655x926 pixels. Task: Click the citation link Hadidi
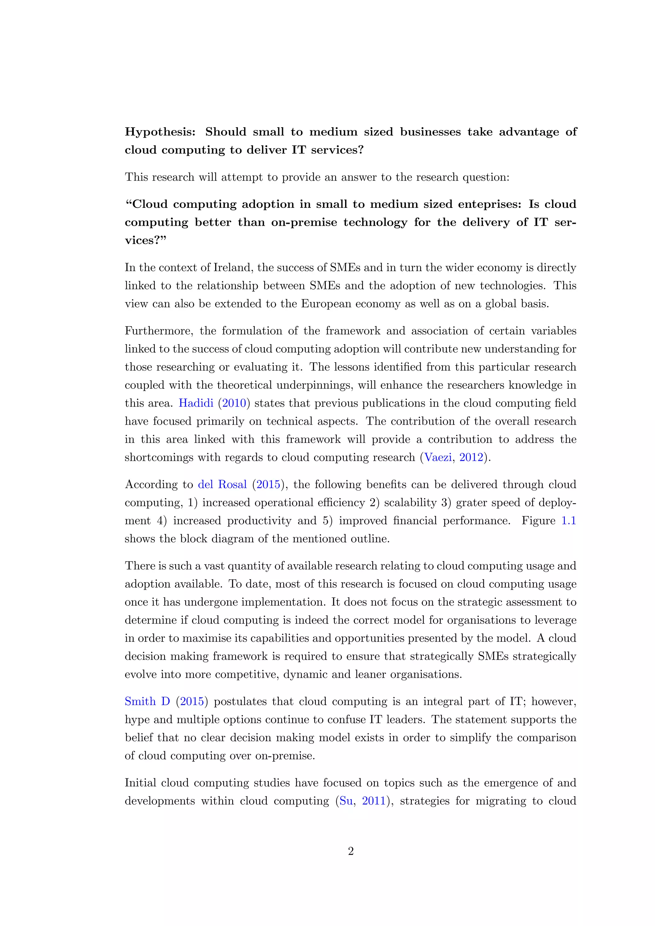point(196,403)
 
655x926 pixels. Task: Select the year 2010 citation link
point(234,403)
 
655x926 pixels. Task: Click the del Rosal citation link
point(222,485)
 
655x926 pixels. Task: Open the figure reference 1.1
point(568,521)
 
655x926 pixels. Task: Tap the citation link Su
point(346,801)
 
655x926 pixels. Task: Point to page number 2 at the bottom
point(351,851)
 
